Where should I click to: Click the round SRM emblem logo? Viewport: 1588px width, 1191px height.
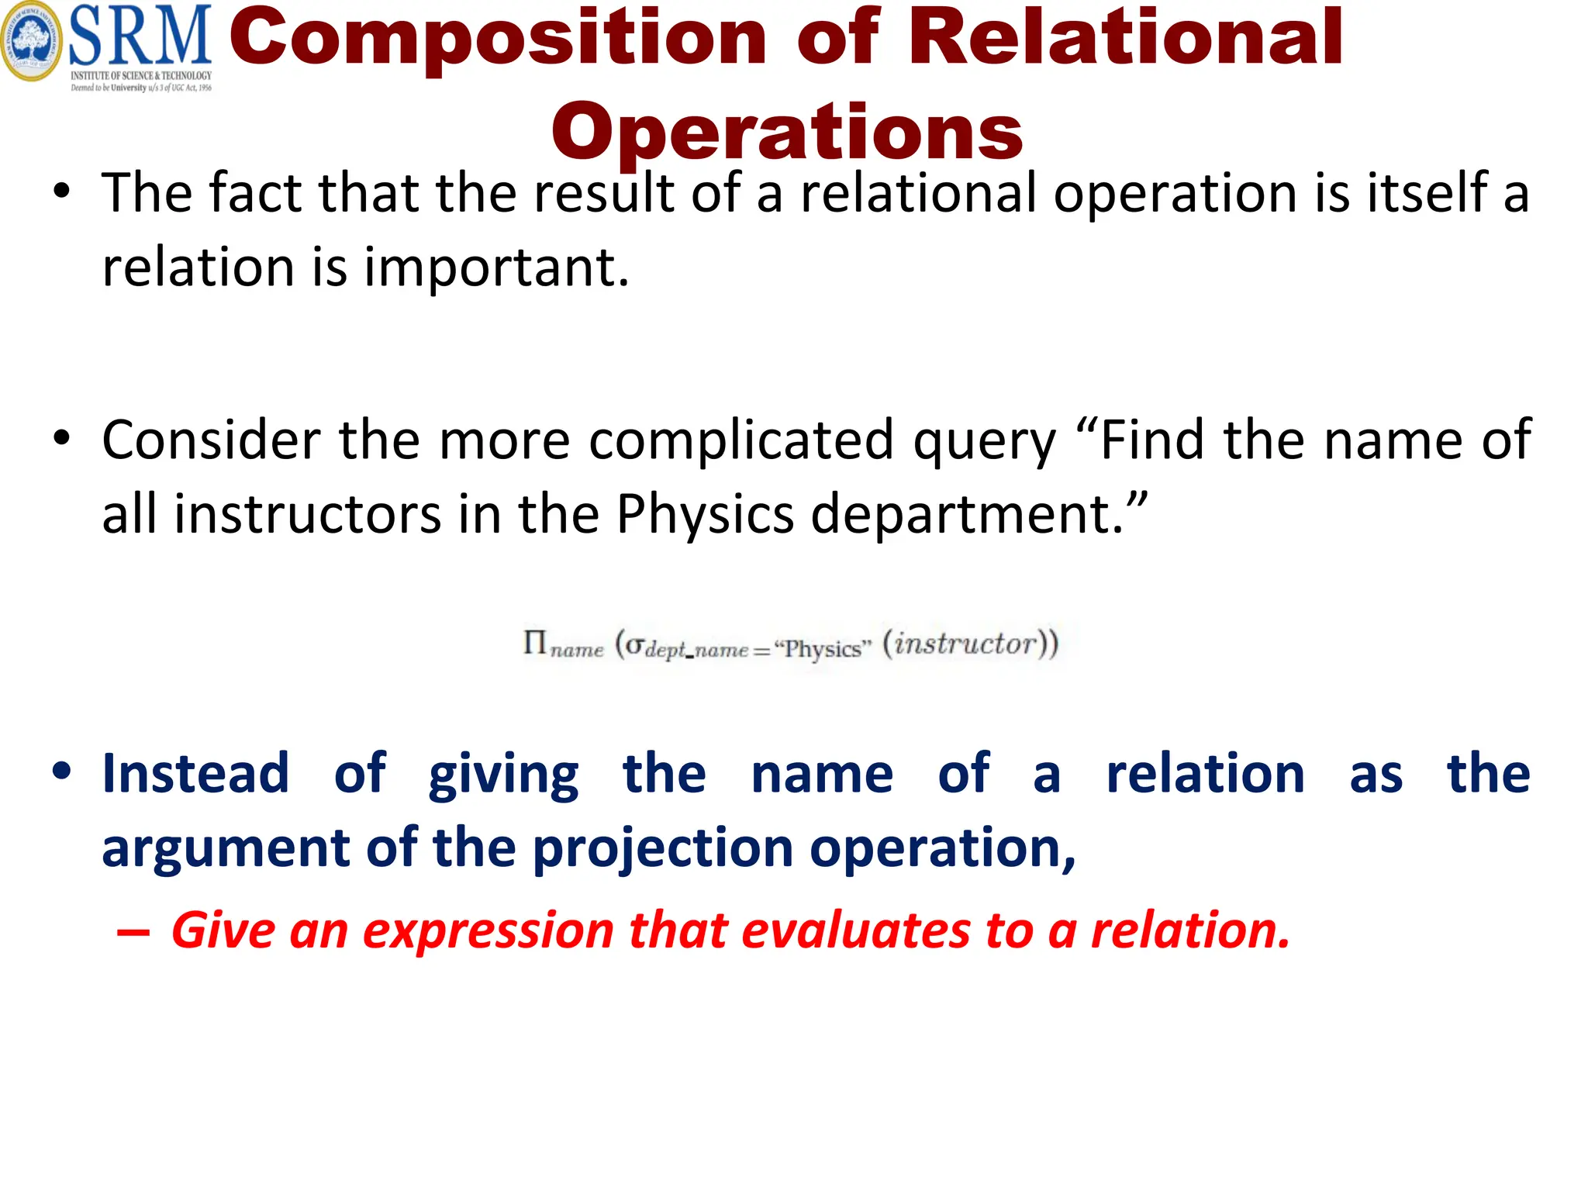click(32, 41)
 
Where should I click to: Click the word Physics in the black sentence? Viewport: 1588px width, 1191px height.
click(705, 514)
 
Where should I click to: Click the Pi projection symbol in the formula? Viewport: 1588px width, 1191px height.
click(535, 643)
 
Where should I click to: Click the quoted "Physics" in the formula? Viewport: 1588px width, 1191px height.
click(823, 648)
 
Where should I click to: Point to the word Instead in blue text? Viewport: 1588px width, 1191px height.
click(196, 773)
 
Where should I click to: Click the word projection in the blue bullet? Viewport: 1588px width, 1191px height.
click(663, 848)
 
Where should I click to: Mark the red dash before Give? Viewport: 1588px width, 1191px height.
click(133, 932)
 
